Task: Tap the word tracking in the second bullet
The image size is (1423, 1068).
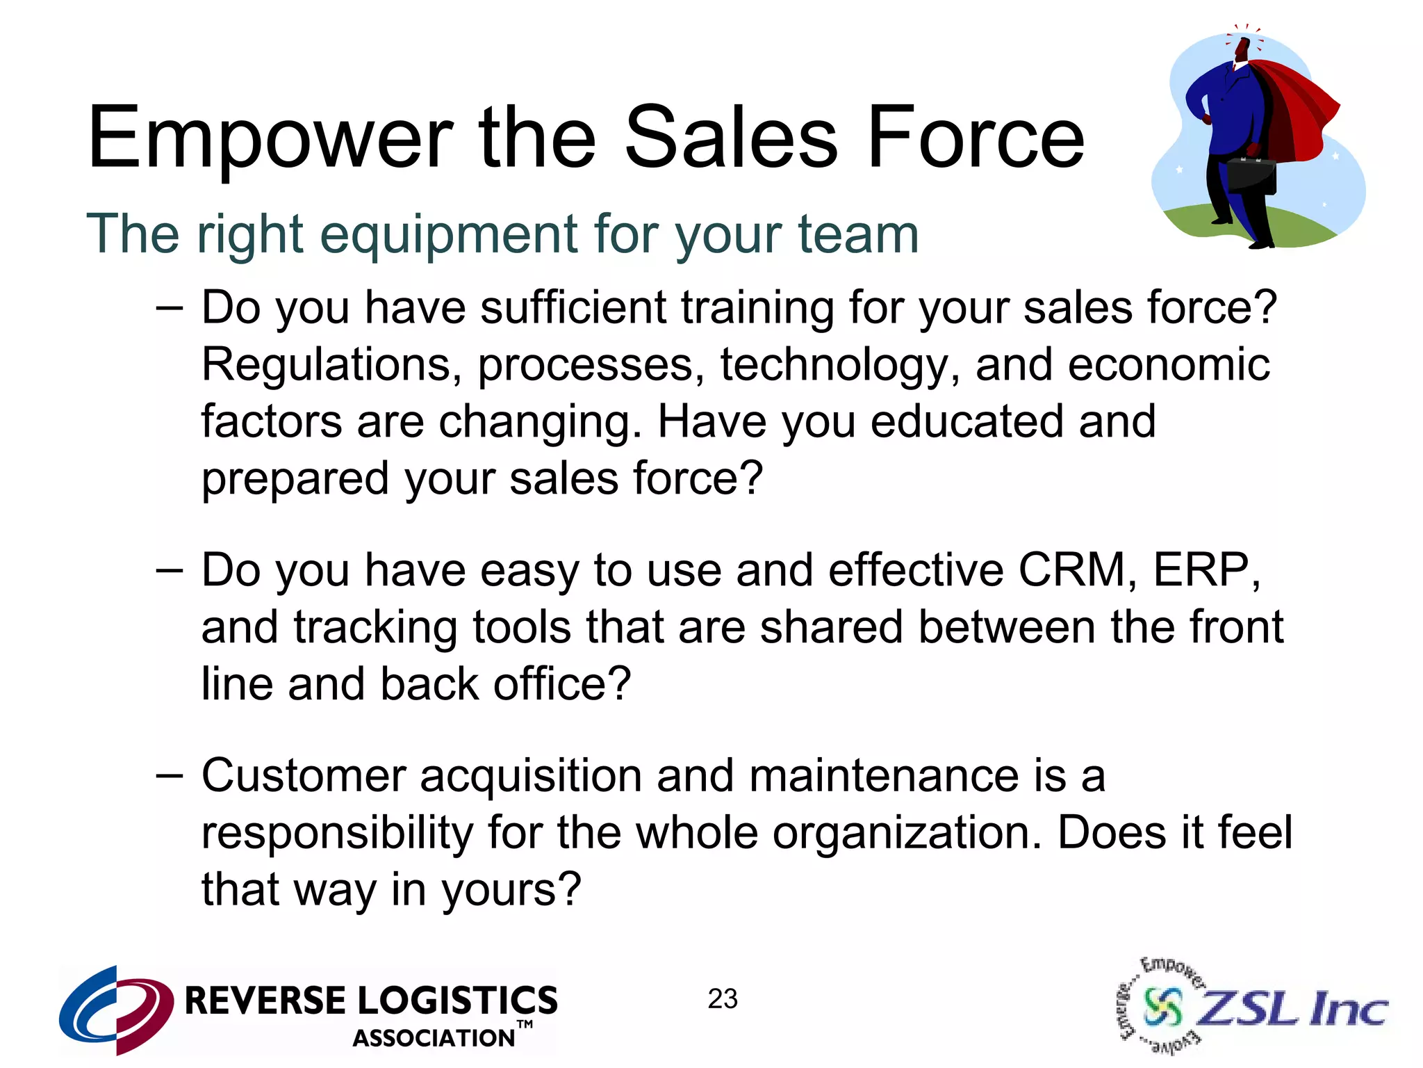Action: click(375, 627)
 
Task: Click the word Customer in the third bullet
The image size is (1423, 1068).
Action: click(304, 775)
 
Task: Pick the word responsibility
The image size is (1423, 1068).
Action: click(337, 833)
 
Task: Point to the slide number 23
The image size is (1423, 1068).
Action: click(723, 999)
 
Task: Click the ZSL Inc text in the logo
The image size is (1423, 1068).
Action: click(1292, 1008)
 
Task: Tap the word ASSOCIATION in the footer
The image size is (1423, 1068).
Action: click(434, 1038)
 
